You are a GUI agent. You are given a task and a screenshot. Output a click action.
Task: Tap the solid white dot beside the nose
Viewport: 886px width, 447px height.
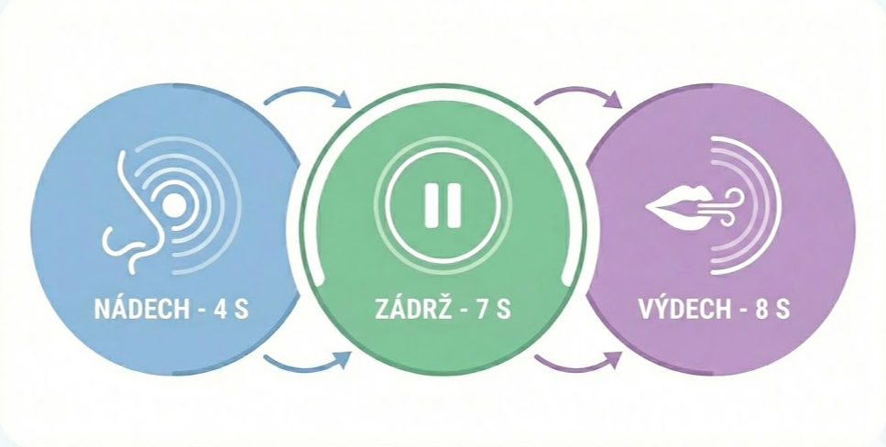click(x=174, y=205)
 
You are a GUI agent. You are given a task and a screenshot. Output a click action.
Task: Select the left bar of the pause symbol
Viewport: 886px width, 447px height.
click(x=432, y=205)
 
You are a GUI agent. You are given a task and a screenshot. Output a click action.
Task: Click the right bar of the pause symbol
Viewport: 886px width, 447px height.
click(x=454, y=205)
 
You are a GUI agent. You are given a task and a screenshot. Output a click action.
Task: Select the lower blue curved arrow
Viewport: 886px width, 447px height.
click(x=307, y=366)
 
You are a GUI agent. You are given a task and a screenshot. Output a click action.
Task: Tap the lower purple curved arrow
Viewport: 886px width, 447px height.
click(x=577, y=366)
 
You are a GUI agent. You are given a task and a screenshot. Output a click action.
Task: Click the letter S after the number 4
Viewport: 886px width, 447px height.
click(x=241, y=310)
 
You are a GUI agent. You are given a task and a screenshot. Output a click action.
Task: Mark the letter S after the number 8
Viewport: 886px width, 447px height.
click(x=782, y=310)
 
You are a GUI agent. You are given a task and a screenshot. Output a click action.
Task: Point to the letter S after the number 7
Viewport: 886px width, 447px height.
click(x=504, y=310)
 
